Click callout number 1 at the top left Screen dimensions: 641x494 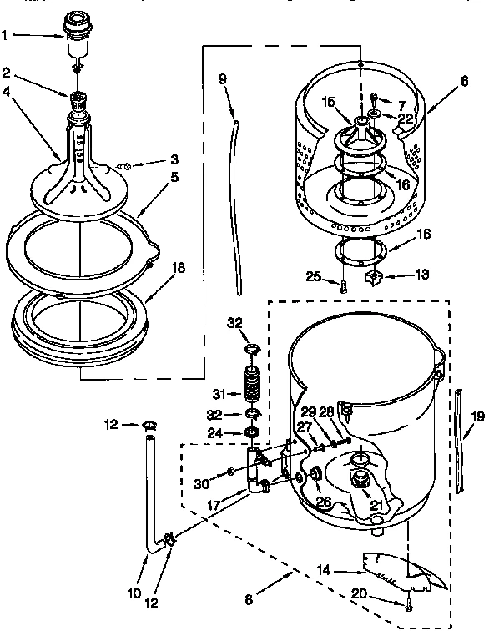click(7, 35)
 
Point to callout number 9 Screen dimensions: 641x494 click(222, 80)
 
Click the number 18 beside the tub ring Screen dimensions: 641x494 click(178, 268)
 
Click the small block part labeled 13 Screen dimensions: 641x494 click(373, 275)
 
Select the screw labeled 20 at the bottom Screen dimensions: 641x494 click(408, 607)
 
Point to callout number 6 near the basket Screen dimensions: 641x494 click(463, 81)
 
